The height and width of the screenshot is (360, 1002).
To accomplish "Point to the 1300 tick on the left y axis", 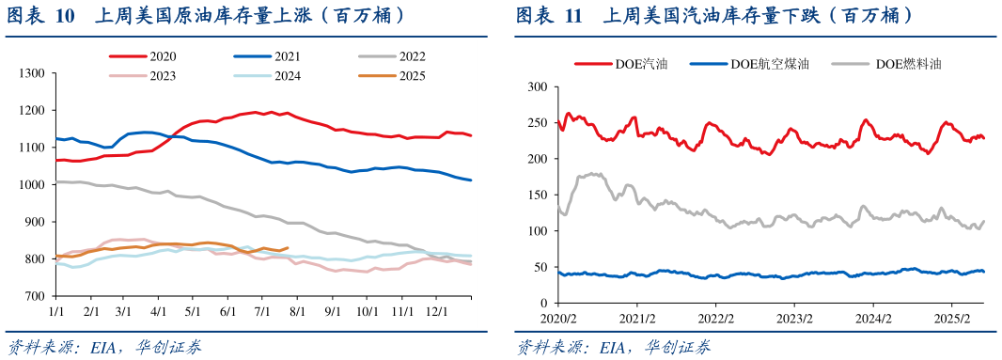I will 32,73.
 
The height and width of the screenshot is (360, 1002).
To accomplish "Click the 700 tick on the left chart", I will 35,296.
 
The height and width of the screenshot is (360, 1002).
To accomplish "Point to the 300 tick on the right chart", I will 537,86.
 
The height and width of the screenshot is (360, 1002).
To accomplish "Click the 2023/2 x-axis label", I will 794,319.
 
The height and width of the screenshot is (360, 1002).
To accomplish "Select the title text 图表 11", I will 548,16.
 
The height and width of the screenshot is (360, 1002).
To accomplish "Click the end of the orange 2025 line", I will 288,248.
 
